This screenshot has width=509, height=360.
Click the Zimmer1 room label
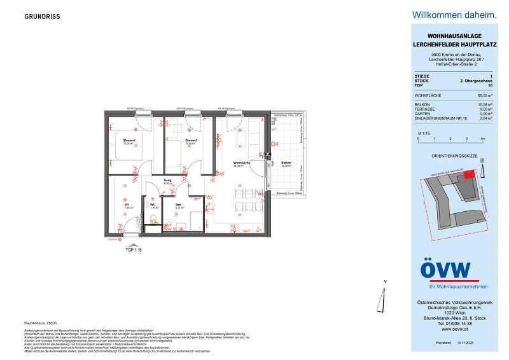coord(130,140)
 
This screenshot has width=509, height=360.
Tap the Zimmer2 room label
coord(192,140)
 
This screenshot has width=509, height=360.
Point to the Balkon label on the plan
coord(286,163)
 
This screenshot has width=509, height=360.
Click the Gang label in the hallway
coord(168,181)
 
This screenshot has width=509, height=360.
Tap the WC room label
coord(153,205)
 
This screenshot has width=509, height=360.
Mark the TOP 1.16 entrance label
coord(134,251)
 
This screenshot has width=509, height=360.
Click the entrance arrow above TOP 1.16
coord(133,244)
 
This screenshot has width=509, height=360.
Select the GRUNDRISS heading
coord(43,17)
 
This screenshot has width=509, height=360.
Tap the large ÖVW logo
coord(445,270)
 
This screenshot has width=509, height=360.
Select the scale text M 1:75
coord(424,132)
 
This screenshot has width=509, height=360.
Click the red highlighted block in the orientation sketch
coord(469,176)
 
